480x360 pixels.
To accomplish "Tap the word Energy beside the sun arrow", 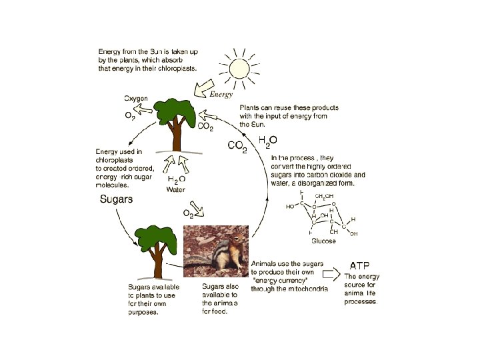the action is coord(221,95).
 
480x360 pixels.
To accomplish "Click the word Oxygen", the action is coord(137,99).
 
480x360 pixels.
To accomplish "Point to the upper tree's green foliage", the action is coord(175,111).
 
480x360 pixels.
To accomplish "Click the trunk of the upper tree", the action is coord(176,137).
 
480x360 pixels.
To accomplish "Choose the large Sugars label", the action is coord(117,199).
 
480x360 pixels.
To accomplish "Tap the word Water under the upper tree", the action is coord(176,190).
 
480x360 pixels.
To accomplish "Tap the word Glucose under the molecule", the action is coord(324,241).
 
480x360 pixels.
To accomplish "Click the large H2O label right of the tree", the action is coord(268,141).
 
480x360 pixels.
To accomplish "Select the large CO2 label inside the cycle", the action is coord(237,146).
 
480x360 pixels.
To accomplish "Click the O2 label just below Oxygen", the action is coord(130,115).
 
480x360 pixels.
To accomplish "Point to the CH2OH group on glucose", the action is coord(325,196).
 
